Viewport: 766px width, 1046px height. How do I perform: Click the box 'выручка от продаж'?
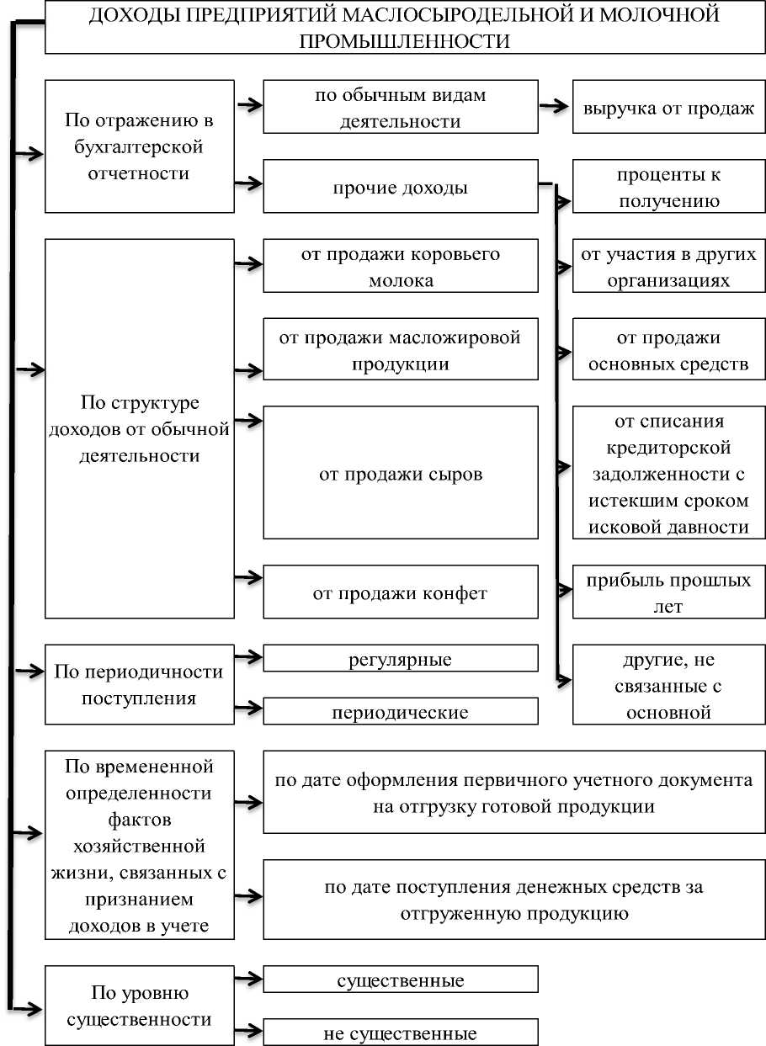pos(669,107)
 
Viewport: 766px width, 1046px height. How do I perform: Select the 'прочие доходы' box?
pos(400,187)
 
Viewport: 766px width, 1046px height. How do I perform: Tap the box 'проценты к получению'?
pos(669,187)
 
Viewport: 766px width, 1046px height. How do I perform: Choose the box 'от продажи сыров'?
pos(400,473)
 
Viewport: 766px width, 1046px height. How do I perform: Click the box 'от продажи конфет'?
pos(400,592)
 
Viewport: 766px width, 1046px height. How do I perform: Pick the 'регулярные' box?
pos(400,658)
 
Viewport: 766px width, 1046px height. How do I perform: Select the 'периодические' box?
pos(400,712)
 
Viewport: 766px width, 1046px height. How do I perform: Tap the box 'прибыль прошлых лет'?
pos(669,592)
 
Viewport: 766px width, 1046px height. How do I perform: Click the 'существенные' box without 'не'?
pos(400,980)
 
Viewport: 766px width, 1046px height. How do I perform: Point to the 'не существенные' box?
pos(400,1033)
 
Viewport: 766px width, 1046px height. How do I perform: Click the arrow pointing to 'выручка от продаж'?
pos(553,106)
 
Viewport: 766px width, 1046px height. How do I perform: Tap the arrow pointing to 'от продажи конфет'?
pos(248,577)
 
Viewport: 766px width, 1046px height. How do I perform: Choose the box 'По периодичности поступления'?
pos(139,684)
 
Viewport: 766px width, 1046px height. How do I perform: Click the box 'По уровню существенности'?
pos(139,1006)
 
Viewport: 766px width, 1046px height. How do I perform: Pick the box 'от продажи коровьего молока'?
pos(400,266)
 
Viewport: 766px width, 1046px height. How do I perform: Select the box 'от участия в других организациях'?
pos(669,266)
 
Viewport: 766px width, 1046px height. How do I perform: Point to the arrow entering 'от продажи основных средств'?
pos(563,348)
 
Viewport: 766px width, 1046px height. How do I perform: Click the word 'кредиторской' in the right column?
pos(669,447)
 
